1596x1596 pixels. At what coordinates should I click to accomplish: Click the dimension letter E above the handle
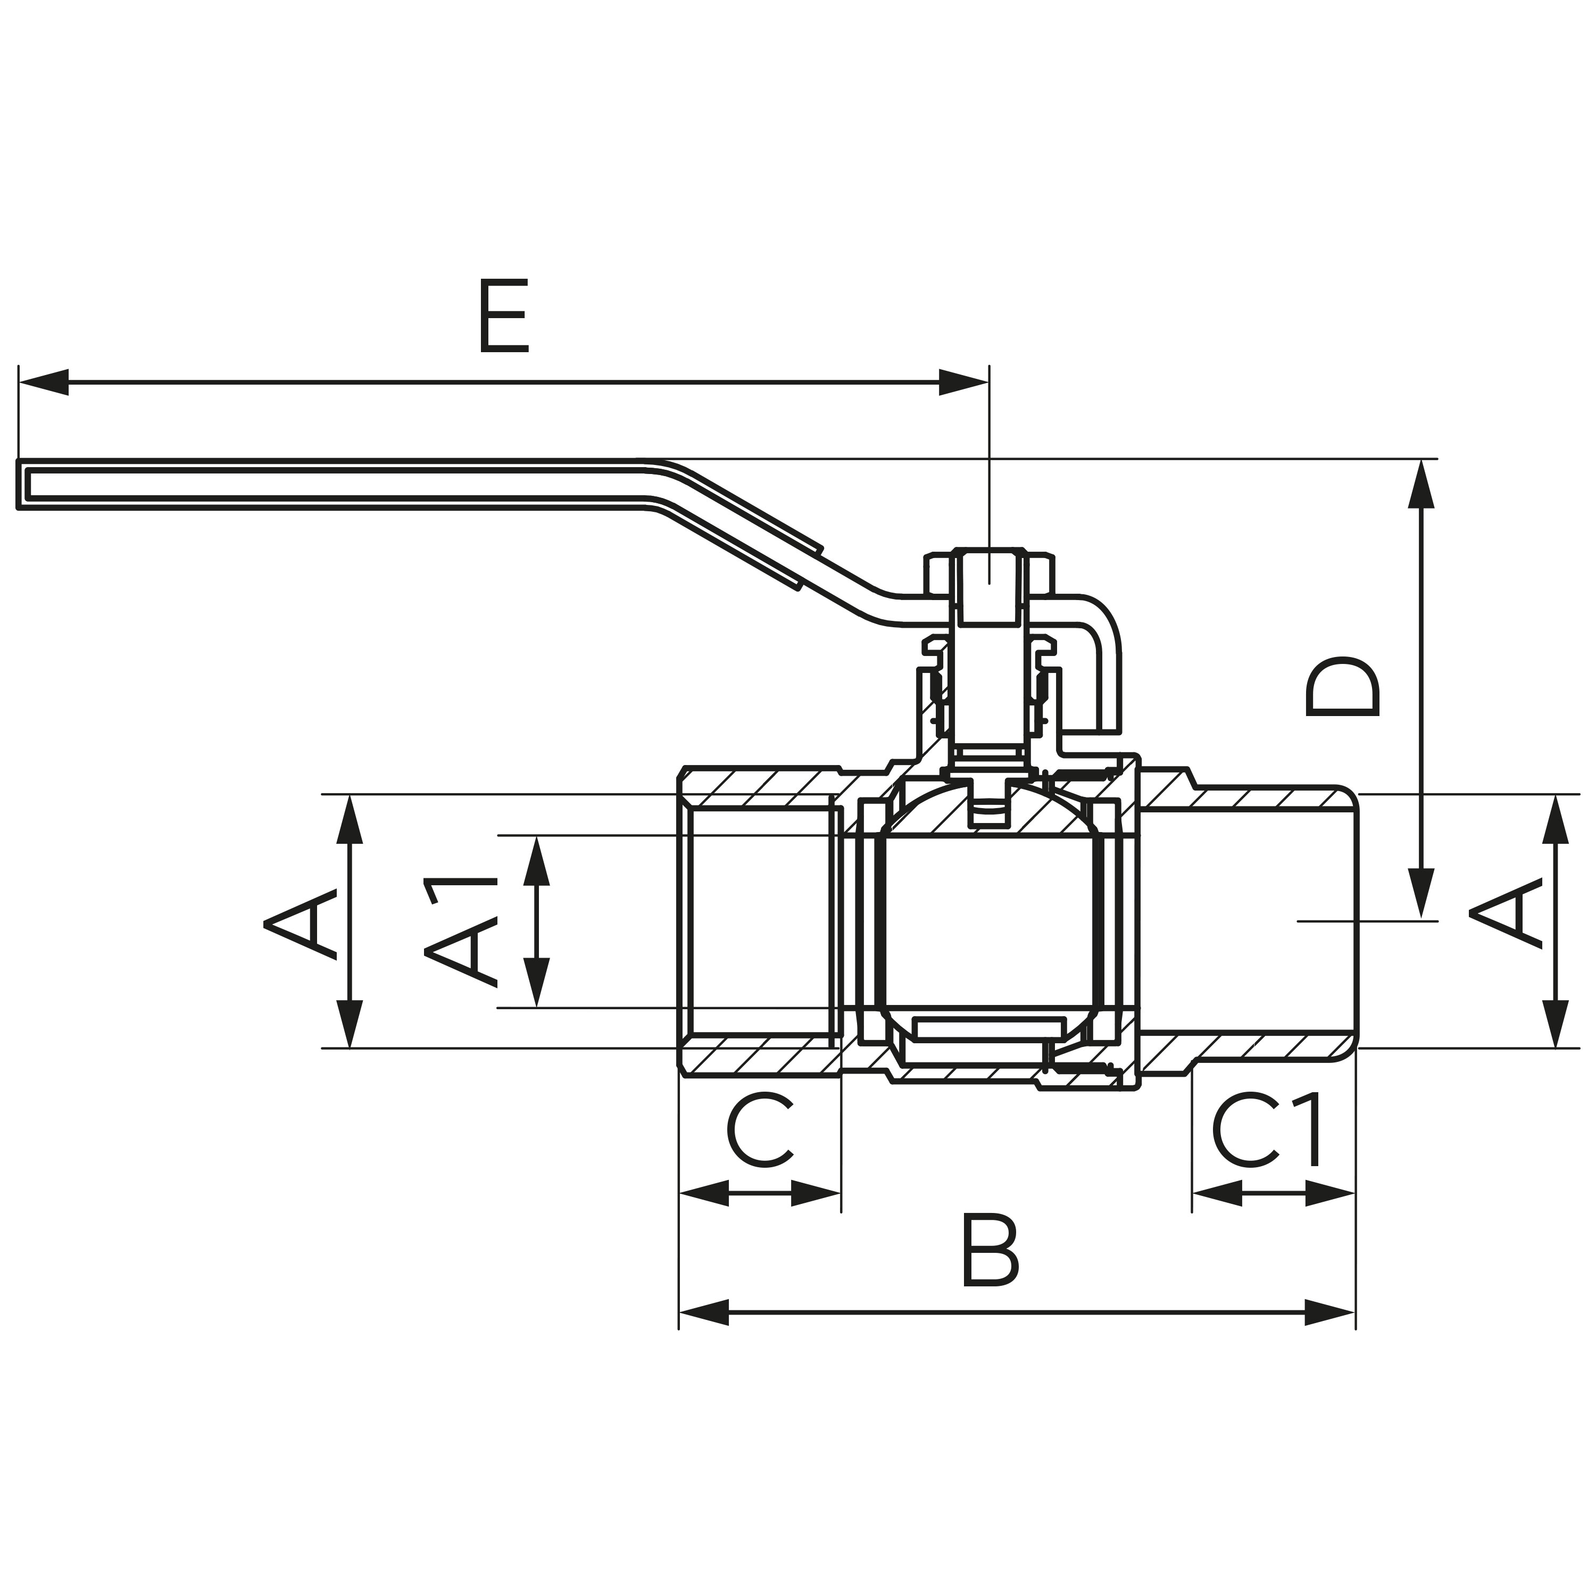pyautogui.click(x=504, y=317)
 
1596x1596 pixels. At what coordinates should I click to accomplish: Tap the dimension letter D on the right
pyautogui.click(x=1342, y=687)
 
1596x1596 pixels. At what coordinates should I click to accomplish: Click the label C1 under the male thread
pyautogui.click(x=1266, y=1130)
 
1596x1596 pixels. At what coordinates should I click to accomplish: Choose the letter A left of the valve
pyautogui.click(x=300, y=922)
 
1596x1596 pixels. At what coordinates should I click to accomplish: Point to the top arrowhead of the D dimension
pyautogui.click(x=1421, y=483)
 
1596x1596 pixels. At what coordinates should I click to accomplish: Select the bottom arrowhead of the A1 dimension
pyautogui.click(x=537, y=983)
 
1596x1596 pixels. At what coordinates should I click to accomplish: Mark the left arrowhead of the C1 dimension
pyautogui.click(x=1217, y=1193)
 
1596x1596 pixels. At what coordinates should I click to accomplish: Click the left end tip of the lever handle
pyautogui.click(x=18, y=484)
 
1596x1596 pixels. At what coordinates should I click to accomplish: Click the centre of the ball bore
pyautogui.click(x=990, y=920)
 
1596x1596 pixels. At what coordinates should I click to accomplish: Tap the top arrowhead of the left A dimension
pyautogui.click(x=350, y=819)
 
